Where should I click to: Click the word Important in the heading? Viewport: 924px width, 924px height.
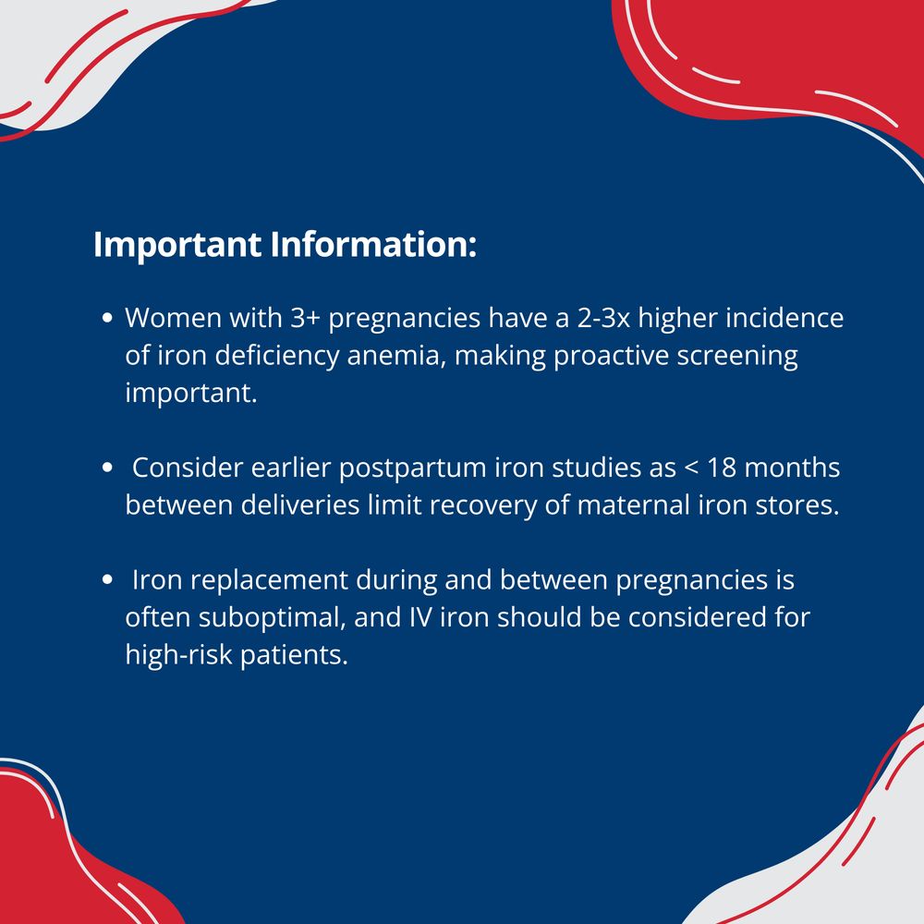pyautogui.click(x=177, y=245)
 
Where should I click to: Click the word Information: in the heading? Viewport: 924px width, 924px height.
pyautogui.click(x=373, y=244)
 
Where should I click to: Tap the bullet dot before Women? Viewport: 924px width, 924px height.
pyautogui.click(x=107, y=318)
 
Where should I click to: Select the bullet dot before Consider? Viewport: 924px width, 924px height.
pyautogui.click(x=107, y=468)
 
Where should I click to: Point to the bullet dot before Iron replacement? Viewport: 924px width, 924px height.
pyautogui.click(x=107, y=580)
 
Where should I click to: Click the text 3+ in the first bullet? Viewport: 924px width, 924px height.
pyautogui.click(x=305, y=318)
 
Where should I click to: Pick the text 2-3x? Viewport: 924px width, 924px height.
pyautogui.click(x=603, y=318)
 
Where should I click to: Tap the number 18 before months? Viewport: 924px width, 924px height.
pyautogui.click(x=722, y=468)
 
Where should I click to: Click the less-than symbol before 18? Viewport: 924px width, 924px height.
pyautogui.click(x=690, y=468)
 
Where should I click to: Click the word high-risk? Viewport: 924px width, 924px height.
pyautogui.click(x=178, y=655)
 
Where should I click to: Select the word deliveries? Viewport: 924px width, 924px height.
pyautogui.click(x=300, y=505)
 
